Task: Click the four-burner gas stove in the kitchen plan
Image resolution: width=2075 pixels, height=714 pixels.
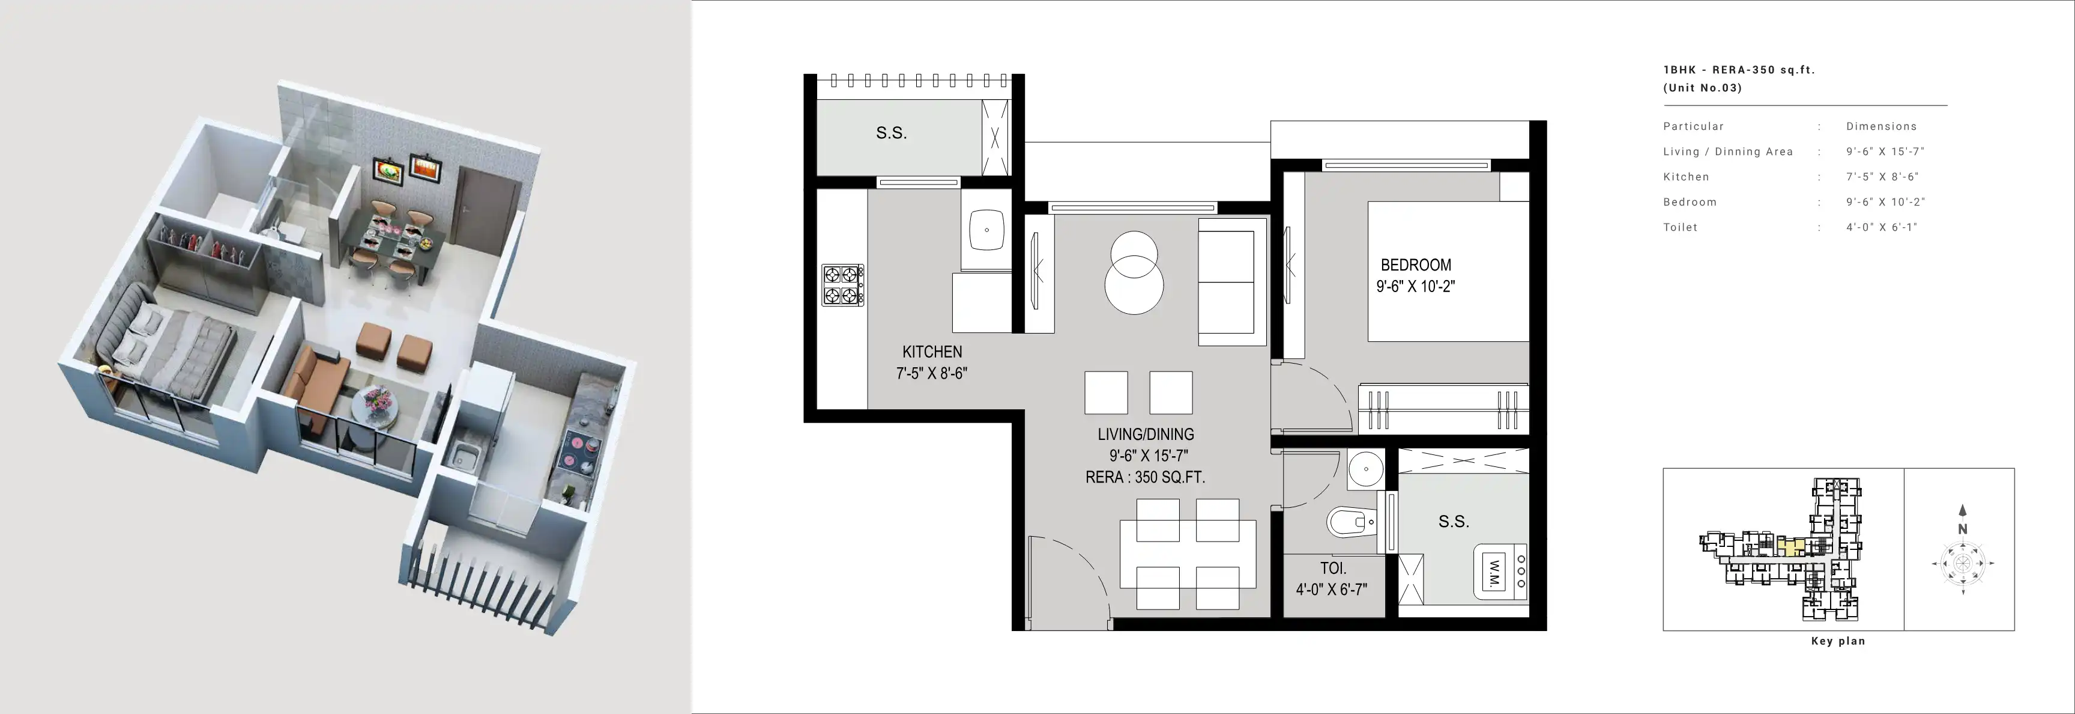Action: (842, 285)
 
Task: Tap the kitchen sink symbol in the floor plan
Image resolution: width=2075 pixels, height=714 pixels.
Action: (986, 230)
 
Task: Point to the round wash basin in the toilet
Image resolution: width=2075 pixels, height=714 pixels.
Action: (1365, 468)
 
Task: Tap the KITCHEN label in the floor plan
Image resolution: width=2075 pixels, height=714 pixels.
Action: (932, 352)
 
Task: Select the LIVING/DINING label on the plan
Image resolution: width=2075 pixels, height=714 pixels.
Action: (1146, 435)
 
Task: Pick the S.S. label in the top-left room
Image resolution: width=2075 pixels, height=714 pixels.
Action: (892, 133)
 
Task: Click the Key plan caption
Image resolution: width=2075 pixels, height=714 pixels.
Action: (1838, 641)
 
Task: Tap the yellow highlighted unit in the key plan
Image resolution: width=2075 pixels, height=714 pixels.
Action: (1789, 548)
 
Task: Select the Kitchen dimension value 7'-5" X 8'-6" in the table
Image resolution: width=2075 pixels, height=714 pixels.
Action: (1882, 177)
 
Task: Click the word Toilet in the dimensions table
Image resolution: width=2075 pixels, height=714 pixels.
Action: (1681, 227)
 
